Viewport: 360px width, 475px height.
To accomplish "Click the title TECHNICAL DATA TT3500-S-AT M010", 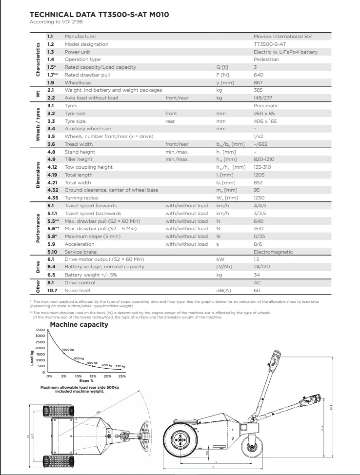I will [x=100, y=15].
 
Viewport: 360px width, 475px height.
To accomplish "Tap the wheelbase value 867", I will [x=259, y=83].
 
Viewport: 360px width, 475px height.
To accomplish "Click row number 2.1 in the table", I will [x=51, y=90].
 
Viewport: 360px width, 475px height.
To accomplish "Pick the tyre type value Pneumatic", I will [x=266, y=105].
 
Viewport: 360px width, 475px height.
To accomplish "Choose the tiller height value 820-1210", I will [x=264, y=159].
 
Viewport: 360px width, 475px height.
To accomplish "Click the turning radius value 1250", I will [x=260, y=198].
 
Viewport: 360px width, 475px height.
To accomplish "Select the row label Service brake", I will [x=80, y=252].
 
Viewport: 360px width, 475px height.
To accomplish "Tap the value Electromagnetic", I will [x=273, y=252].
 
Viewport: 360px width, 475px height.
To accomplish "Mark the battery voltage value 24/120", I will [x=262, y=267].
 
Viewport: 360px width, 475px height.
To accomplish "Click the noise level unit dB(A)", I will [x=223, y=290].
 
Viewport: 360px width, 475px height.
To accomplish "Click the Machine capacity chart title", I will [x=79, y=325].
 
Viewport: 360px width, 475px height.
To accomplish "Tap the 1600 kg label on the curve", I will [x=68, y=350].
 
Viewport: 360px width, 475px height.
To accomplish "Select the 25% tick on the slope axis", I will [x=121, y=376].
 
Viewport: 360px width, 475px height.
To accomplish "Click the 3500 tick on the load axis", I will [x=40, y=330].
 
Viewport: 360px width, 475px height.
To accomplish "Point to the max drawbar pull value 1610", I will [x=259, y=229].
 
